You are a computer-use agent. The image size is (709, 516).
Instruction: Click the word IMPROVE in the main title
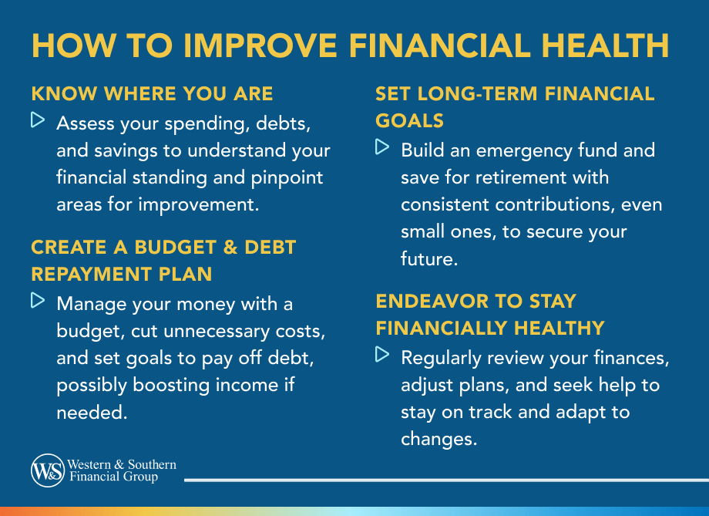pos(260,46)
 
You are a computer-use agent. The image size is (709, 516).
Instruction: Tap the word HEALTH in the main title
pos(605,46)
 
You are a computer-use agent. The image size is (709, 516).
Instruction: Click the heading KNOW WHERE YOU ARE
pos(152,93)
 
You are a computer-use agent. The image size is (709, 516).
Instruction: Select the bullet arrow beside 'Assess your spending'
pos(38,120)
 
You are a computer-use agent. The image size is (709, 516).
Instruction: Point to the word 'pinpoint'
pos(287,178)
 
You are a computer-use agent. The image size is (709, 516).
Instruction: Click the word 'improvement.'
pos(199,205)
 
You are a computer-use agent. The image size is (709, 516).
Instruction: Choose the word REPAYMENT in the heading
pos(91,275)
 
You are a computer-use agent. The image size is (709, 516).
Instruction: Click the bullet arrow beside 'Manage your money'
pos(38,301)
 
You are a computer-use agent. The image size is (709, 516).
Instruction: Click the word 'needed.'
pos(92,413)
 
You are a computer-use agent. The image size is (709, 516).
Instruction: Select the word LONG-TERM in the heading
pos(478,93)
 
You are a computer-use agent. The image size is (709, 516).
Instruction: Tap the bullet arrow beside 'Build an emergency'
pos(382,147)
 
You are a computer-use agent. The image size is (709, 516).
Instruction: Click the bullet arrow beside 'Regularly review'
pos(382,354)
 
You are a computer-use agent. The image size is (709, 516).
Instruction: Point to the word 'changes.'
pos(439,440)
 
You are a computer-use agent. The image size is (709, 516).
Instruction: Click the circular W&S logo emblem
pos(48,470)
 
